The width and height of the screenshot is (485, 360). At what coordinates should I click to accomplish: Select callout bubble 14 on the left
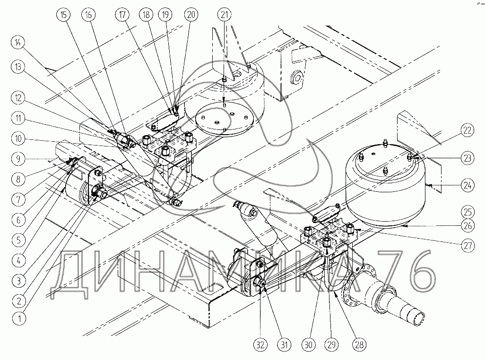(x=18, y=43)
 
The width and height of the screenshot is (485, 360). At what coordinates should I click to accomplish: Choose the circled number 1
(x=18, y=318)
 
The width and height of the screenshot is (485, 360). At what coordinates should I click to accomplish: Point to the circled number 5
(x=18, y=240)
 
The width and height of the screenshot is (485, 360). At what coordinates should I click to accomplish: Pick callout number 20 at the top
(x=191, y=14)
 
